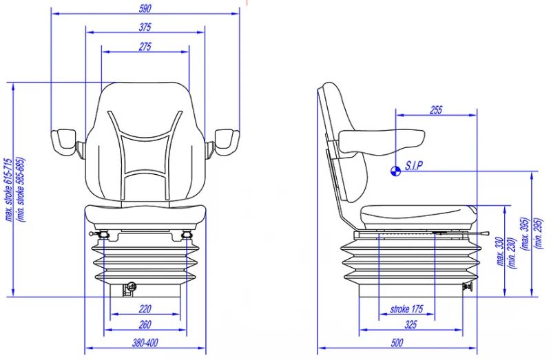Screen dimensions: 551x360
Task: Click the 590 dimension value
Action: (x=145, y=8)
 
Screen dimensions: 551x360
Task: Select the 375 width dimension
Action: (x=145, y=27)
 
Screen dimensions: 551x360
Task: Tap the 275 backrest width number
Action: (x=145, y=46)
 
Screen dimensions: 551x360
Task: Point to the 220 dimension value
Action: (x=145, y=309)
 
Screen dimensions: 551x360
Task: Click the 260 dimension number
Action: (x=145, y=324)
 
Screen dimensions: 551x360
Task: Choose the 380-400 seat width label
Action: (x=145, y=342)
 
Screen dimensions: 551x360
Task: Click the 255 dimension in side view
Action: (x=436, y=110)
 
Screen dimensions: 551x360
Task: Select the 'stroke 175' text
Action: (x=406, y=309)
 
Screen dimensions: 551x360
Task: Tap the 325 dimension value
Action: (x=410, y=324)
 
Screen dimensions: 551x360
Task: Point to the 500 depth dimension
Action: (x=397, y=342)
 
